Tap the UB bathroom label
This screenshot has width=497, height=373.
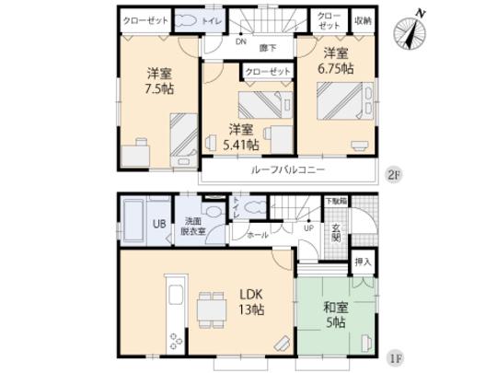(158, 225)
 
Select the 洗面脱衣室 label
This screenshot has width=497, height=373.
(193, 227)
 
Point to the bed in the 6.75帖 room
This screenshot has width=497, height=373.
(342, 99)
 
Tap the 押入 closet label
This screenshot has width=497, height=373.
(364, 262)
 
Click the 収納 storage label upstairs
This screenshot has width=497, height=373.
(362, 19)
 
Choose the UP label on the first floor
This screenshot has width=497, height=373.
(308, 227)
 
